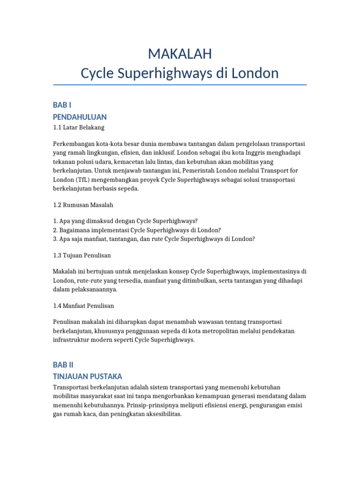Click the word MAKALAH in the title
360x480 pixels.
pos(180,54)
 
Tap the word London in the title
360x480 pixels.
pos(256,73)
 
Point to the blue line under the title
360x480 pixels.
pos(180,85)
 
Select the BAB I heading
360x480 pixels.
pos(62,105)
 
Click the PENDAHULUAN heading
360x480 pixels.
pos(80,117)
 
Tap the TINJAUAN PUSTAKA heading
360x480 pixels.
pos(88,376)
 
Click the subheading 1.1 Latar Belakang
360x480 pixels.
pos(79,127)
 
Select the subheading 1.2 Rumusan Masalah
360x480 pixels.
pos(83,205)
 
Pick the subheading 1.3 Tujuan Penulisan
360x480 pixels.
pos(82,255)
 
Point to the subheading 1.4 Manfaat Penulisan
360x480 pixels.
pos(83,306)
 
